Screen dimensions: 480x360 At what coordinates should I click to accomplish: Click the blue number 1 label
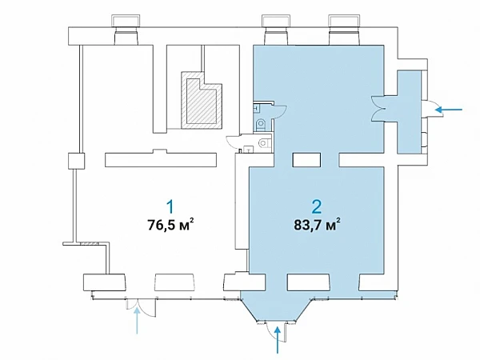[x=170, y=206]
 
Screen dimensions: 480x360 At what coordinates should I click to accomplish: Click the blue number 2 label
[x=317, y=206]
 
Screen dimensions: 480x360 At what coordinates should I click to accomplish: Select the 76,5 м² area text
[x=170, y=224]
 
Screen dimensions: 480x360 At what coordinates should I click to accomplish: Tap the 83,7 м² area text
[x=317, y=224]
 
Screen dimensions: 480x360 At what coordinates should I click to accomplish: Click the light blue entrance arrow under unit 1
[x=137, y=321]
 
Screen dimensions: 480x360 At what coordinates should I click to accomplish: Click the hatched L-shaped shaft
[x=202, y=100]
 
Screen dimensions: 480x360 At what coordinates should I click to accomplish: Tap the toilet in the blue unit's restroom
[x=262, y=124]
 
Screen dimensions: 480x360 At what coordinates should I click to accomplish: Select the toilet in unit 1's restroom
[x=264, y=143]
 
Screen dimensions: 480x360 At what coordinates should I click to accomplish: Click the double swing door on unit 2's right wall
[x=378, y=110]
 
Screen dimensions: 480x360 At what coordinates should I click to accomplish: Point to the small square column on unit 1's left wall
[x=76, y=161]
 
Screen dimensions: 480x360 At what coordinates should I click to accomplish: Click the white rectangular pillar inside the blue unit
[x=306, y=160]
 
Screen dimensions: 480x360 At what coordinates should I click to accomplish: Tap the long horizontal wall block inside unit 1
[x=161, y=158]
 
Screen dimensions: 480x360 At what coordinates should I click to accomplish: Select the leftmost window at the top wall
[x=126, y=30]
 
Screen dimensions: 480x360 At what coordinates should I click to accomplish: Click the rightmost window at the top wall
[x=344, y=30]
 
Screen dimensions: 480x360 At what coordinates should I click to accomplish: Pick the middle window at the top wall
[x=277, y=30]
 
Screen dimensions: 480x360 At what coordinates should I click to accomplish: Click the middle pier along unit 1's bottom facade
[x=174, y=282]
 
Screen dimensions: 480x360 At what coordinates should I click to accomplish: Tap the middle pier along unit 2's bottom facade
[x=309, y=282]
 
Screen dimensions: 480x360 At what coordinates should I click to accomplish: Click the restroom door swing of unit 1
[x=234, y=142]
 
